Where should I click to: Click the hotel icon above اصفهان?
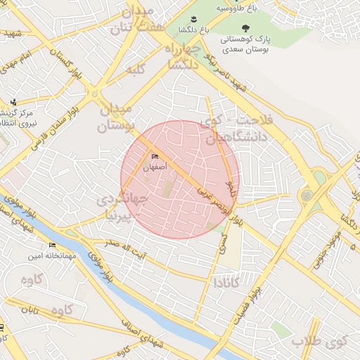pos(155,157)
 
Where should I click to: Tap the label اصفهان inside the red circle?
pos(155,167)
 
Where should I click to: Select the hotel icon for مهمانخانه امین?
pos(52,245)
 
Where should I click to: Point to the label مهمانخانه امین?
pos(52,256)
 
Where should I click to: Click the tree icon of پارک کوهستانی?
pos(244,27)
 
